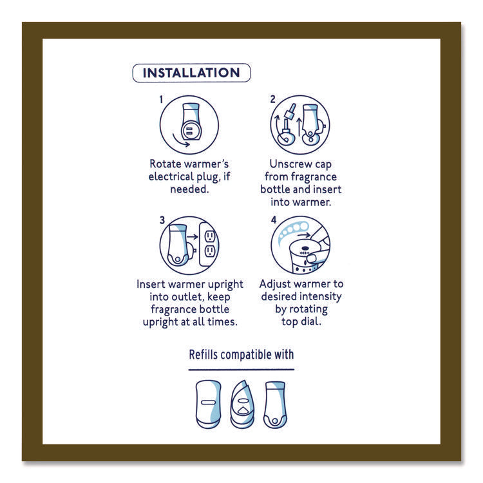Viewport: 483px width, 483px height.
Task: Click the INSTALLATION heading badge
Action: [x=191, y=73]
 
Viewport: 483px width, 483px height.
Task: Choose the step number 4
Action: [x=273, y=220]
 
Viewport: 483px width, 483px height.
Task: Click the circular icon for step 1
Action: [x=189, y=125]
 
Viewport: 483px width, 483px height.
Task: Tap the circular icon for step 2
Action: [x=299, y=125]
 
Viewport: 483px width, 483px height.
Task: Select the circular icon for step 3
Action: [x=189, y=246]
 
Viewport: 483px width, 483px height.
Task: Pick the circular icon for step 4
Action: [x=299, y=246]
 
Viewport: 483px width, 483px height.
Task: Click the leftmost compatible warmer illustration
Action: [x=207, y=404]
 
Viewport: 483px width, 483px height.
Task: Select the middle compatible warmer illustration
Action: [x=241, y=404]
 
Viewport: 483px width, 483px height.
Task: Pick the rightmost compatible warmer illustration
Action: [x=275, y=404]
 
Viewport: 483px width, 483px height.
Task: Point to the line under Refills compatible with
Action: [x=241, y=370]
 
